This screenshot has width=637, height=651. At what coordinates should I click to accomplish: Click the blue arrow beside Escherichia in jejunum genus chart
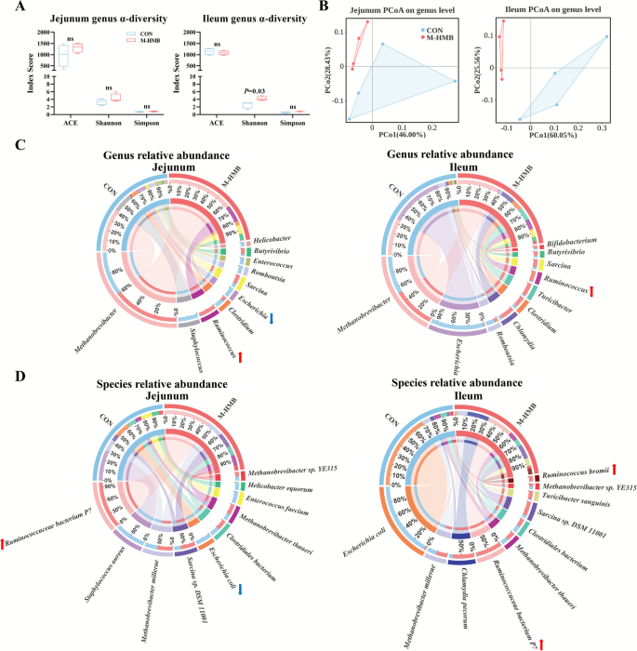tap(272, 321)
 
